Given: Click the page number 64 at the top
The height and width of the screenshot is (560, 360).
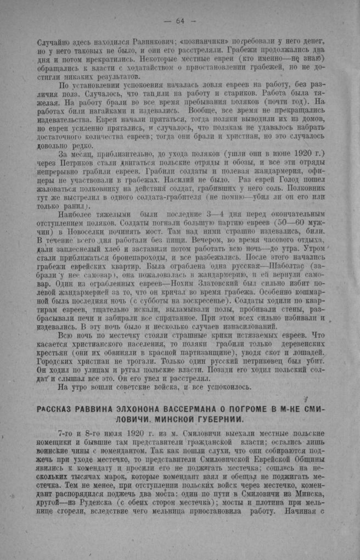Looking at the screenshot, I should coord(179,21).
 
